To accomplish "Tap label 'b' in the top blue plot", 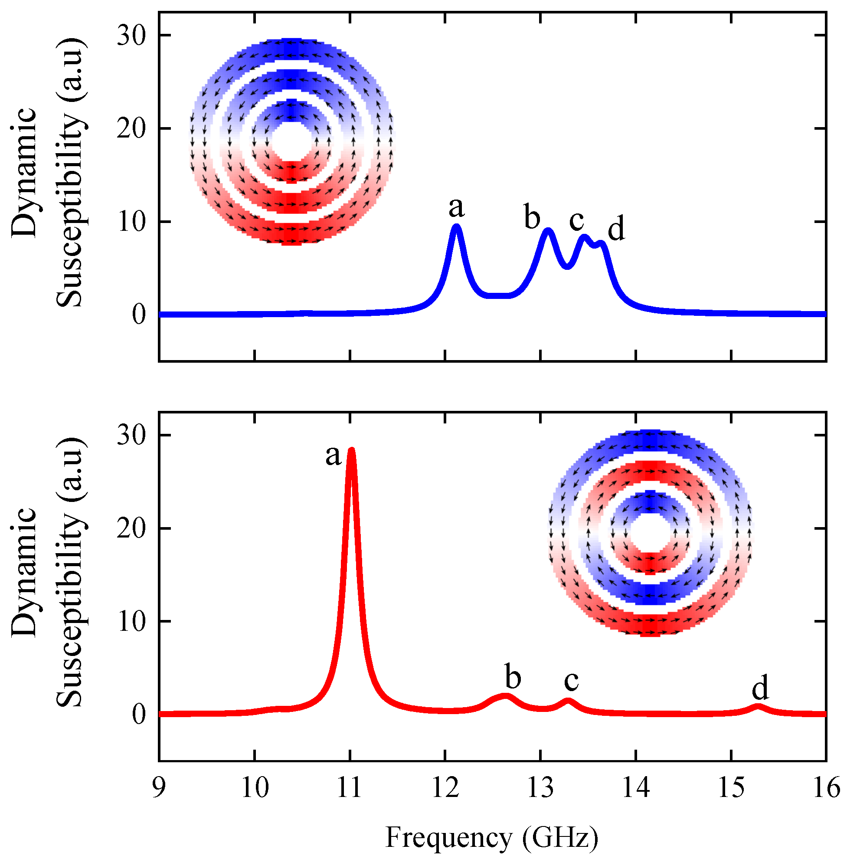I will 532,217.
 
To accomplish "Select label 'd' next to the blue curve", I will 616,229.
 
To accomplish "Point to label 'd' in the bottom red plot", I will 760,689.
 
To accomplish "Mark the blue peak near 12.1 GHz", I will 456,227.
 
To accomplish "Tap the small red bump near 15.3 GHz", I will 759,706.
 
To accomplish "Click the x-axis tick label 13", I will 540,788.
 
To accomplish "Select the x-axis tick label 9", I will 159,788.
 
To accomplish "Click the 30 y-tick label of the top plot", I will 131,36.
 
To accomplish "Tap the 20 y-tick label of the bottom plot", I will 131,529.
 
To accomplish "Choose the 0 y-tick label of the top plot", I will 139,315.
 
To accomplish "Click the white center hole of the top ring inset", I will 291,142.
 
